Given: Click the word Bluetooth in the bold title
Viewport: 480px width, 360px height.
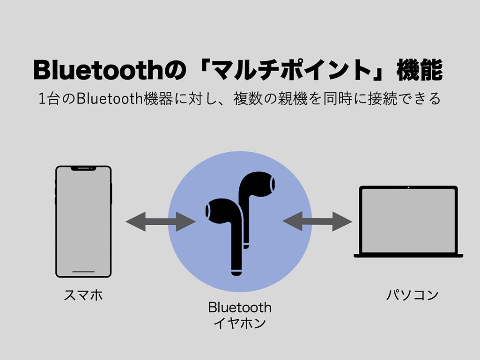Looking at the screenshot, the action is point(97,70).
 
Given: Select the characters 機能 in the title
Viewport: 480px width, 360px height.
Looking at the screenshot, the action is point(420,70).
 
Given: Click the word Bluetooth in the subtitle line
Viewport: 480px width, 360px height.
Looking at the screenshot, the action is point(110,99).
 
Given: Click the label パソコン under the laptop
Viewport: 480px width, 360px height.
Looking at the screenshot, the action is point(413,295).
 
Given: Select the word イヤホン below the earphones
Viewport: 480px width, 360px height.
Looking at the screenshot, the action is point(240,323).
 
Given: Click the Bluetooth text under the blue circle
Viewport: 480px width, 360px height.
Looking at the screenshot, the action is point(240,308).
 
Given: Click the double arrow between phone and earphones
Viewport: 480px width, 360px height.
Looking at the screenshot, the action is point(161,221).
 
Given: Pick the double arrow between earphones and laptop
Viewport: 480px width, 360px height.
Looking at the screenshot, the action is point(317,221).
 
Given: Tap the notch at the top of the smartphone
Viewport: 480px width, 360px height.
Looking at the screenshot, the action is point(83,169).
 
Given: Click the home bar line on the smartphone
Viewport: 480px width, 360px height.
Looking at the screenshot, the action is point(83,272).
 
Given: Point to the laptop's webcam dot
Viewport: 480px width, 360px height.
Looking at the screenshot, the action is point(408,187).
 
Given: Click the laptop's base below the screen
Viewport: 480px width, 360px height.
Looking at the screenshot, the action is point(408,256).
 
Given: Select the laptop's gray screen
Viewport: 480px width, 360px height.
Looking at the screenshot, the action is point(408,220).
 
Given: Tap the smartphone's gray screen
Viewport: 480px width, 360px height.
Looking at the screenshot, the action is point(83,222).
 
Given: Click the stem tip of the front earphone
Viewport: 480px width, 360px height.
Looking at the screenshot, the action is point(237,272).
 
